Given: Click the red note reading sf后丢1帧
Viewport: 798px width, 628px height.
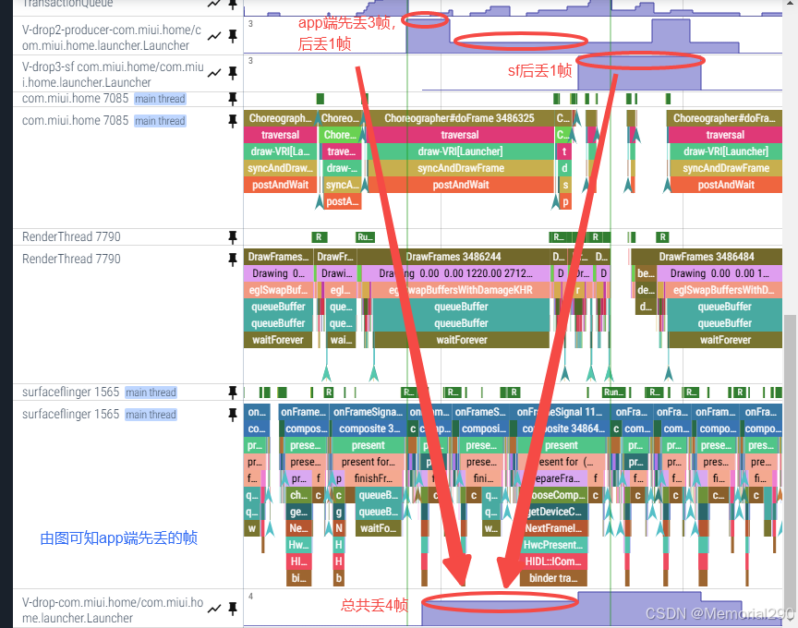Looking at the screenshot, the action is [x=540, y=70].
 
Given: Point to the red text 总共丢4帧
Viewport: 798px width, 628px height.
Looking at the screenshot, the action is [x=374, y=605].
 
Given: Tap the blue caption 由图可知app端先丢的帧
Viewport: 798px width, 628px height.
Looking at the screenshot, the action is [x=119, y=537].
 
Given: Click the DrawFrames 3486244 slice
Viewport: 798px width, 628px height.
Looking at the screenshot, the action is [x=453, y=257].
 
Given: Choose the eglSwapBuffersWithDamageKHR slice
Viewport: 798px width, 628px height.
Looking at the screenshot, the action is [x=460, y=290].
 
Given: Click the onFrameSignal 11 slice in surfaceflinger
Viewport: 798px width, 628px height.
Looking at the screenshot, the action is [x=560, y=412].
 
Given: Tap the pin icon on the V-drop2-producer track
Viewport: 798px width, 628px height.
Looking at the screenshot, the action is [x=233, y=36].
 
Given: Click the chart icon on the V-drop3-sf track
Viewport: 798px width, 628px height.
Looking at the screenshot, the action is [x=214, y=73].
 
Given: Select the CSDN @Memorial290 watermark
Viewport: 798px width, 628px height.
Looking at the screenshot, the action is [x=719, y=614].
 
